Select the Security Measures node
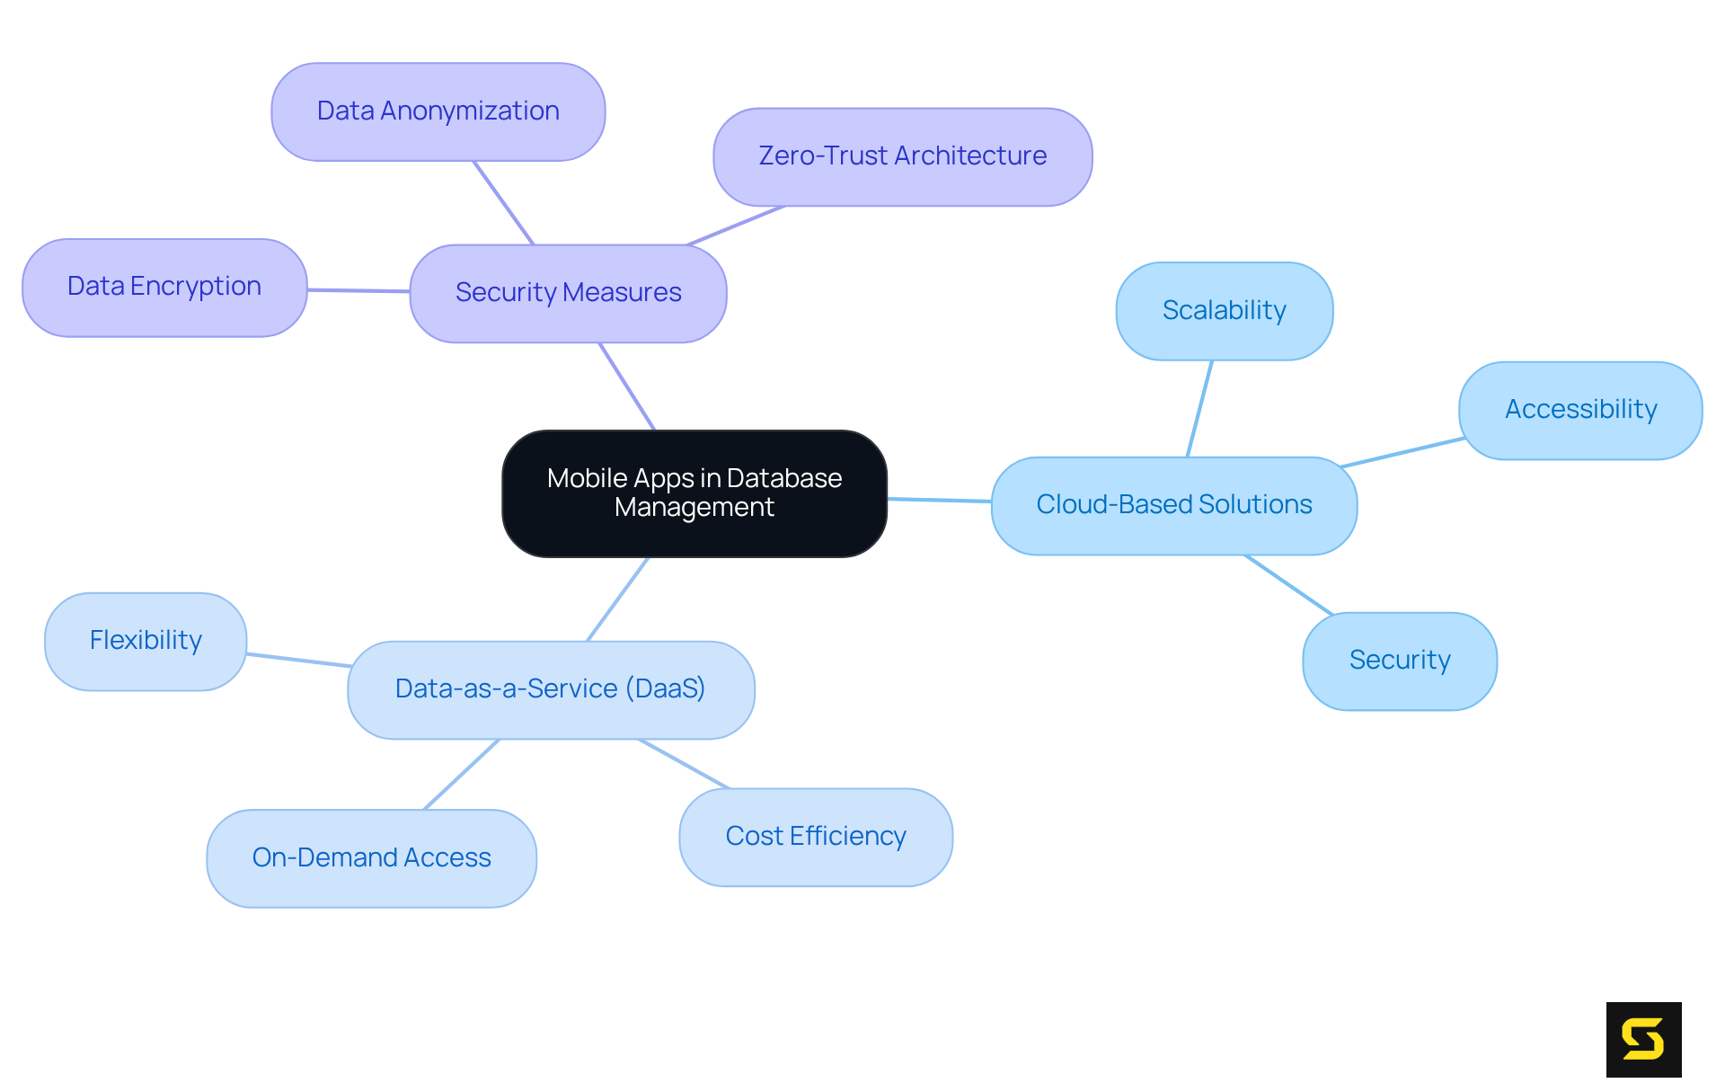pyautogui.click(x=568, y=293)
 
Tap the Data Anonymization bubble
pyautogui.click(x=438, y=111)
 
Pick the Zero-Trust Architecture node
pyautogui.click(x=902, y=156)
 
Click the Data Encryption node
pyautogui.click(x=164, y=287)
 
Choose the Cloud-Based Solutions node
pyautogui.click(x=1173, y=505)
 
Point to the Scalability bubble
pyautogui.click(x=1224, y=311)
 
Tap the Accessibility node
pyautogui.click(x=1579, y=410)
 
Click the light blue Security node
pyautogui.click(x=1399, y=661)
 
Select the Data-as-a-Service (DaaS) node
pyautogui.click(x=550, y=689)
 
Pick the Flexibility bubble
pyautogui.click(x=146, y=641)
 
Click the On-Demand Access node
pyautogui.click(x=371, y=858)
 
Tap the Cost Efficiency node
pyautogui.click(x=815, y=837)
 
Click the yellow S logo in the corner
pyautogui.click(x=1643, y=1039)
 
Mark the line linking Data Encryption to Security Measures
pyautogui.click(x=358, y=290)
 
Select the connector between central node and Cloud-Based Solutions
pyautogui.click(x=939, y=500)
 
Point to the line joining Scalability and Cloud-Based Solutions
pyautogui.click(x=1199, y=409)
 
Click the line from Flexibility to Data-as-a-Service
pyautogui.click(x=297, y=660)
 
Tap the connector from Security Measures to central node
pyautogui.click(x=627, y=386)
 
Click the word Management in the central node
pyautogui.click(x=694, y=508)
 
